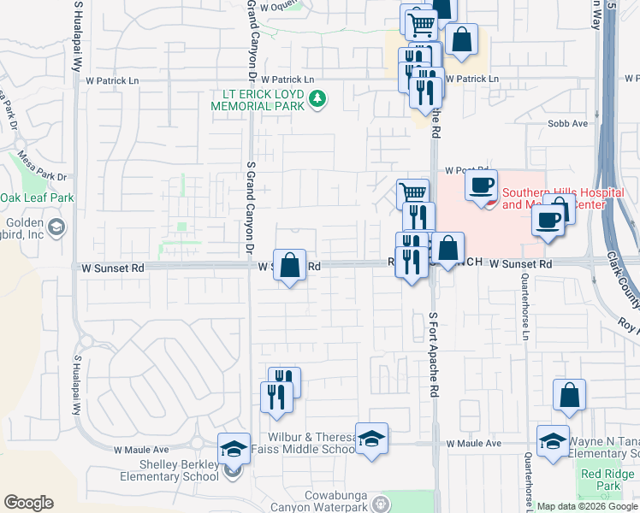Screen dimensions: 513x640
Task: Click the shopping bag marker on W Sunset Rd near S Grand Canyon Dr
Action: click(x=290, y=265)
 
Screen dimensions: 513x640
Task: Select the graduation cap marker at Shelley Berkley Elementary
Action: click(x=233, y=449)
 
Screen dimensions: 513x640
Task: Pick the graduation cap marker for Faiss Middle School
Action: click(x=371, y=439)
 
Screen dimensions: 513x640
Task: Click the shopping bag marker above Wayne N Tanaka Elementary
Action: click(x=569, y=397)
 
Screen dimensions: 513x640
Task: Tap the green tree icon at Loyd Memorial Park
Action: click(x=317, y=99)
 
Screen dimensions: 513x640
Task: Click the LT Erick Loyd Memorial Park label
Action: click(x=259, y=100)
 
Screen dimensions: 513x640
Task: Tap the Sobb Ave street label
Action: click(x=567, y=124)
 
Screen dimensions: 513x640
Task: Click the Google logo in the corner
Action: click(x=28, y=503)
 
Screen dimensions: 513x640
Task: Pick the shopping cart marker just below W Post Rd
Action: click(x=412, y=194)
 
